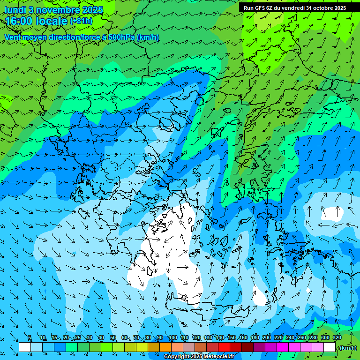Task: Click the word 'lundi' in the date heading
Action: (15, 10)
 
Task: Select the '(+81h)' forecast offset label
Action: (81, 21)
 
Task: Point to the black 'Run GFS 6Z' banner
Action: (295, 7)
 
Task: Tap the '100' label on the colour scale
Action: (172, 337)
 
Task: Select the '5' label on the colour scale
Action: (30, 337)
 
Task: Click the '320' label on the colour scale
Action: (337, 337)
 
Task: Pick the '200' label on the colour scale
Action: (266, 337)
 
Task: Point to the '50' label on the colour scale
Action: (113, 337)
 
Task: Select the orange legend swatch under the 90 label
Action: (165, 347)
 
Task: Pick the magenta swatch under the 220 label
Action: (283, 347)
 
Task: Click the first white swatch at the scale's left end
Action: (25, 347)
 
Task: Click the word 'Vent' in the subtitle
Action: (12, 37)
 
